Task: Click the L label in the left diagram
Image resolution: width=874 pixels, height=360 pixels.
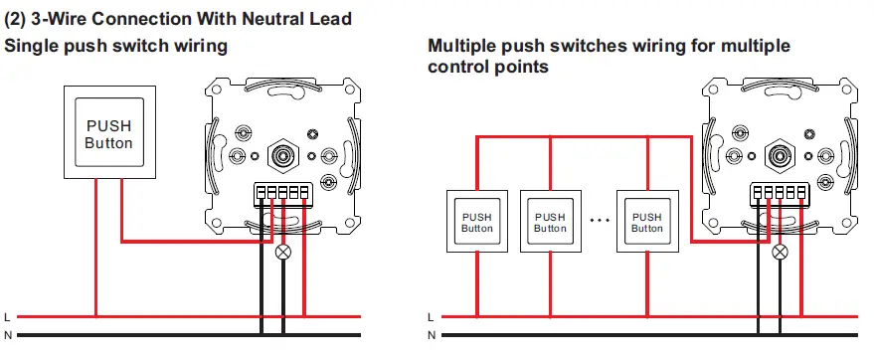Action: [x=8, y=317]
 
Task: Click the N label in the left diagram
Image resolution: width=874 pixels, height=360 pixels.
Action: [x=8, y=336]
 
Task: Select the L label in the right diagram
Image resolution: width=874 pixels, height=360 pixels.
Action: [x=430, y=317]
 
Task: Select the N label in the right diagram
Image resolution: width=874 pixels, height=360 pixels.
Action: [x=430, y=336]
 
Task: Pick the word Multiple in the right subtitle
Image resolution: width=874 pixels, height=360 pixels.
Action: [x=460, y=46]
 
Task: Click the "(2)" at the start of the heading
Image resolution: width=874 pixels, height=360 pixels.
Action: [x=17, y=19]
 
